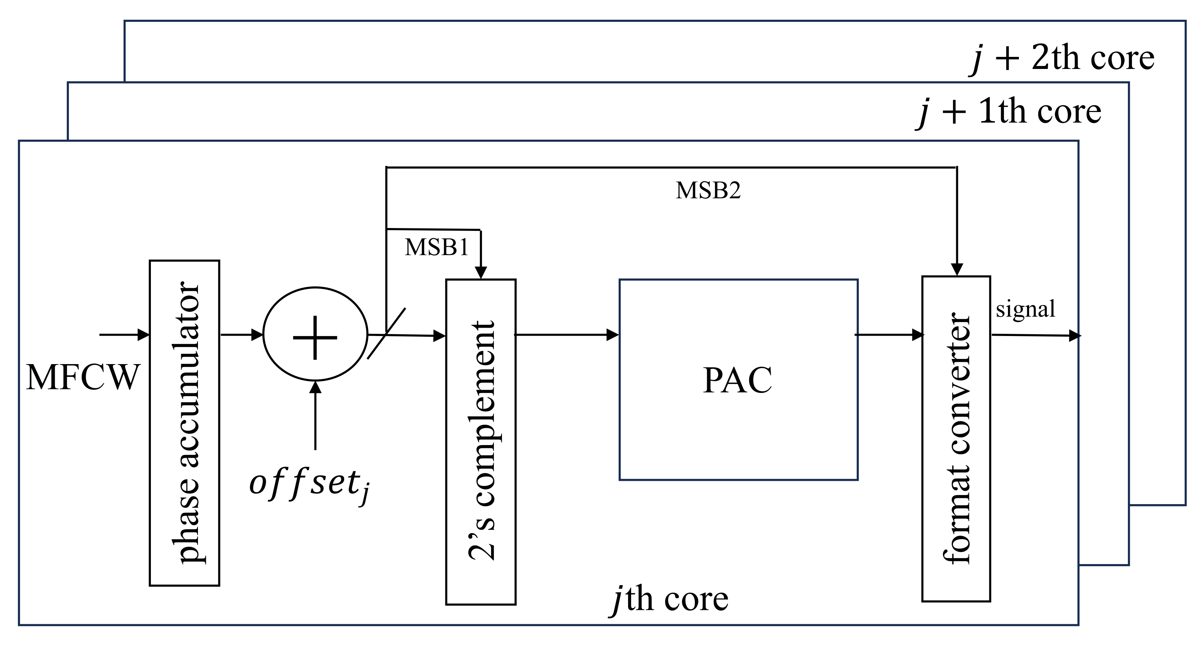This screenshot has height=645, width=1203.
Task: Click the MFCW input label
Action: pos(83,378)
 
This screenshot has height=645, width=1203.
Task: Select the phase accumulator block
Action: pos(184,422)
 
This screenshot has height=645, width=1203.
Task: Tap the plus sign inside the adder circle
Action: pos(315,337)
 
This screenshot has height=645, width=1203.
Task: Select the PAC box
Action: pos(738,379)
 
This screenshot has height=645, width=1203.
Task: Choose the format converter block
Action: pos(956,439)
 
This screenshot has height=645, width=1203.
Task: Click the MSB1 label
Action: pos(436,247)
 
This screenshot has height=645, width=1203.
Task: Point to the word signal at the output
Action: pos(1025,309)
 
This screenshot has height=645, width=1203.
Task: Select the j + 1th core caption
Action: pos(1009,112)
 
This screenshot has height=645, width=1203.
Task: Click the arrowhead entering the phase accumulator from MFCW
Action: pos(143,335)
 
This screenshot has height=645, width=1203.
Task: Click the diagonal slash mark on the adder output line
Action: pos(386,333)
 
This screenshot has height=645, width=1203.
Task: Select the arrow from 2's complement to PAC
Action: pos(567,335)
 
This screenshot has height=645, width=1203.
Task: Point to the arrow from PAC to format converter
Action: pos(889,335)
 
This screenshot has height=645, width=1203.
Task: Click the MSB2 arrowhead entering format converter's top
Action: pos(957,270)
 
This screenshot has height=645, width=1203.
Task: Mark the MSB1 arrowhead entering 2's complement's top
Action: pos(481,273)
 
